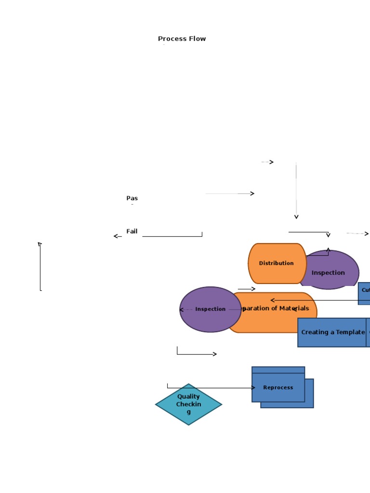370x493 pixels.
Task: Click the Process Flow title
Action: (182, 39)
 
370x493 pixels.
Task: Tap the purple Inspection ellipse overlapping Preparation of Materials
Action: (210, 309)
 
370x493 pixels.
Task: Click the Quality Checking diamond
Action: (188, 404)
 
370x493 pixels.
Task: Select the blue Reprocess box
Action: (278, 387)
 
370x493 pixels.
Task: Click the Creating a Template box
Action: (332, 332)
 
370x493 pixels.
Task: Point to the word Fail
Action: (132, 232)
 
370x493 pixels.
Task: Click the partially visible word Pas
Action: (132, 198)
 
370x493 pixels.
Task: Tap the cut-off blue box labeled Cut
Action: (365, 290)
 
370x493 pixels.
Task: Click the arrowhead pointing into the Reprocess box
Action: (253, 388)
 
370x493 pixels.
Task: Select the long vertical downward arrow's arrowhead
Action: (296, 217)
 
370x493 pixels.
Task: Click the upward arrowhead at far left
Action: (40, 244)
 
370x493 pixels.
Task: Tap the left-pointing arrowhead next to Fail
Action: (116, 236)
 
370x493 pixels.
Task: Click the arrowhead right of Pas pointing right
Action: (252, 194)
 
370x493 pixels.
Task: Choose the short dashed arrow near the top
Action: (268, 162)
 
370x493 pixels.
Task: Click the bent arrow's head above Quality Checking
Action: (214, 354)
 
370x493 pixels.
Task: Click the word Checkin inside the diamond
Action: (188, 404)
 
